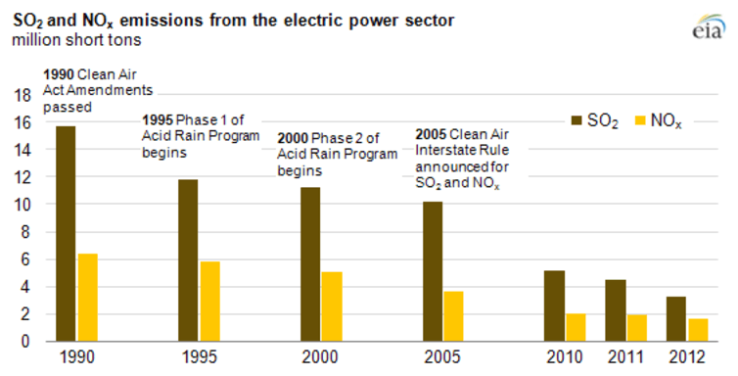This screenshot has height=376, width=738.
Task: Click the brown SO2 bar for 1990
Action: tap(66, 234)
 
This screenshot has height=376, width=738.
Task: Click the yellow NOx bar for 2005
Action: tap(454, 316)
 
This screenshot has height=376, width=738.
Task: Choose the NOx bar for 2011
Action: tap(636, 328)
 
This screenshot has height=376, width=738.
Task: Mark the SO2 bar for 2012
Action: tap(675, 318)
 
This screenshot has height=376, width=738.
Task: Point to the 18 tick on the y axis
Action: tap(22, 95)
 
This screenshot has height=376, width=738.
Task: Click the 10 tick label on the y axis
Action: tap(22, 205)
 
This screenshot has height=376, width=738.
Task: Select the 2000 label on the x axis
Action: tap(320, 357)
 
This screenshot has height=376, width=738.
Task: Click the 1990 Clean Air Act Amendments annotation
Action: tap(98, 89)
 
